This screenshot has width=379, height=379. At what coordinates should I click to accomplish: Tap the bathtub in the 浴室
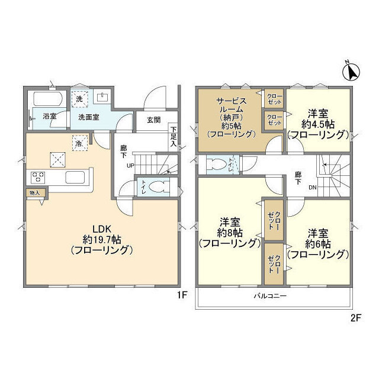pyautogui.click(x=48, y=99)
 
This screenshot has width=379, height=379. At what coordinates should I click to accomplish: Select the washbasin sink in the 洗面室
pyautogui.click(x=102, y=97)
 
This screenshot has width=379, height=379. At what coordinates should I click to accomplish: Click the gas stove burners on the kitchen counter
pyautogui.click(x=38, y=177)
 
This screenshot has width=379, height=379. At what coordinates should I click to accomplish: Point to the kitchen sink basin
pyautogui.click(x=75, y=177)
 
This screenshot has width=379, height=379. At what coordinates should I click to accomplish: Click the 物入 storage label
pyautogui.click(x=34, y=192)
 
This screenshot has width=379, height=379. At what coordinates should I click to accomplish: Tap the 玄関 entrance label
pyautogui.click(x=154, y=120)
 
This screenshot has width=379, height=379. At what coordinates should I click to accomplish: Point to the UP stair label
pyautogui.click(x=130, y=166)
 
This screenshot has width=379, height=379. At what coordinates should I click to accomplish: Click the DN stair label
pyautogui.click(x=312, y=187)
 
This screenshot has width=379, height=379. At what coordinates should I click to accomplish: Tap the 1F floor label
pyautogui.click(x=182, y=295)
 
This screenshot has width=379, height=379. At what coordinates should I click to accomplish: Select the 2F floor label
pyautogui.click(x=355, y=318)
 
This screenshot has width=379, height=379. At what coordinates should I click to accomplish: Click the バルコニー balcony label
pyautogui.click(x=270, y=296)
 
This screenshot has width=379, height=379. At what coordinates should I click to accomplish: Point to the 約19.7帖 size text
pyautogui.click(x=102, y=240)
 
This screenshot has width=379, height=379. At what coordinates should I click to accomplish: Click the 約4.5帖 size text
pyautogui.click(x=318, y=124)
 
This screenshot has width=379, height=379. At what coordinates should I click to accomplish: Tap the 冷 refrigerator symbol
pyautogui.click(x=79, y=143)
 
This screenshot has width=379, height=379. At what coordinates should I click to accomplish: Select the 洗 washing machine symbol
pyautogui.click(x=79, y=99)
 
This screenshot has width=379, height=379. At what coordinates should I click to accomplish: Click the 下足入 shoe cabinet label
pyautogui.click(x=174, y=137)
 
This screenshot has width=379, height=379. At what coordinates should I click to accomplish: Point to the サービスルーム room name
pyautogui.click(x=232, y=105)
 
